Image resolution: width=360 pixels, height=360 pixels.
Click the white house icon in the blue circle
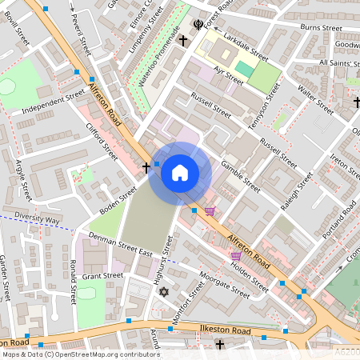click(180, 173)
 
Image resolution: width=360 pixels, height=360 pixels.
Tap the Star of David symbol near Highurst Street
click(165, 292)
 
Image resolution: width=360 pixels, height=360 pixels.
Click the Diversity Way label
click(37, 219)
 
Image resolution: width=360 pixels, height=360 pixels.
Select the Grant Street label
click(102, 275)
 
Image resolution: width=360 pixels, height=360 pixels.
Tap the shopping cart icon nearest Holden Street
click(236, 256)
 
